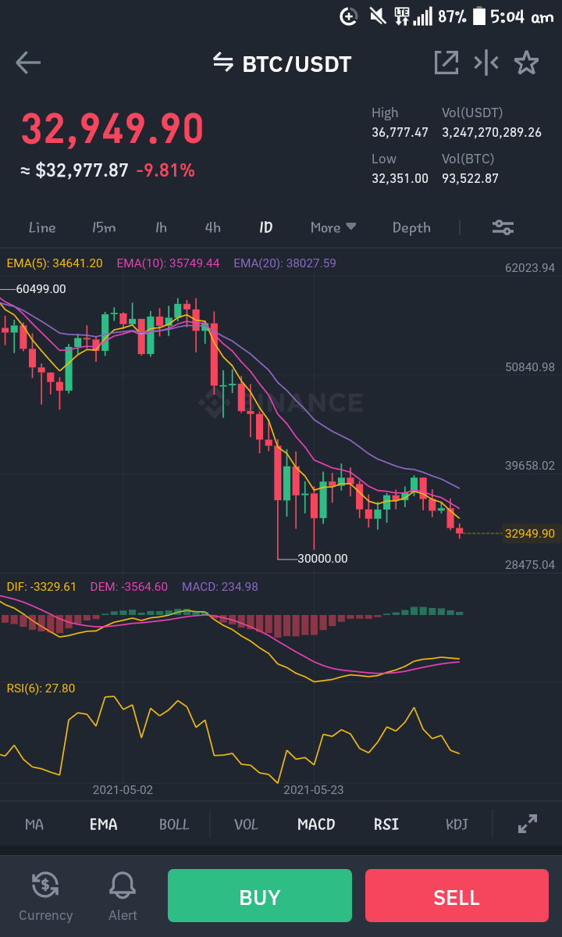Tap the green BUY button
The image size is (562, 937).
click(259, 895)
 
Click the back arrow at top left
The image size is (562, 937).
click(28, 63)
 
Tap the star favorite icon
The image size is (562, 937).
click(526, 63)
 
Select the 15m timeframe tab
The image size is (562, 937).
click(104, 227)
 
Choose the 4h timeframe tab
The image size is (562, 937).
click(212, 227)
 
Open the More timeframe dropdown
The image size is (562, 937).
click(333, 227)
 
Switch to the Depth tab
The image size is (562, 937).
click(411, 227)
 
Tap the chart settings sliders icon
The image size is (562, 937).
click(503, 227)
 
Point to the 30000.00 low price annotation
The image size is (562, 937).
click(322, 559)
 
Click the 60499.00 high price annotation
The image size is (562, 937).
click(41, 289)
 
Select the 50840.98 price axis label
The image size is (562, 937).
click(530, 367)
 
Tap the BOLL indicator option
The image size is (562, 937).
click(174, 824)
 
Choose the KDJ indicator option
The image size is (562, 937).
click(457, 824)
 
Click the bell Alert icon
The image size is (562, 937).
click(123, 885)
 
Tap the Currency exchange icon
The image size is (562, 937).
click(45, 885)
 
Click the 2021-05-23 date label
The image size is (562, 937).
click(313, 790)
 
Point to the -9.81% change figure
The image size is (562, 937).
click(165, 171)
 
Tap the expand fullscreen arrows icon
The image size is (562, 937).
click(528, 824)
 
